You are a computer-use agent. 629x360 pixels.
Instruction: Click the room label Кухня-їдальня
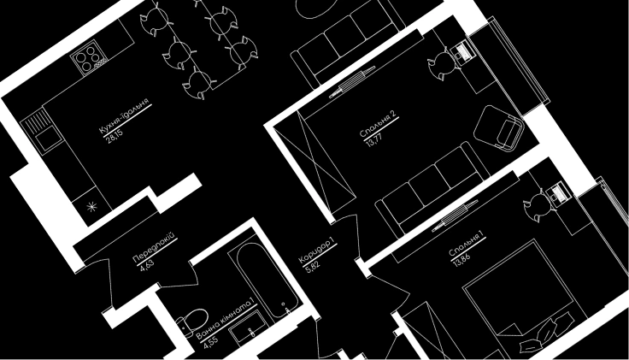tap(124, 115)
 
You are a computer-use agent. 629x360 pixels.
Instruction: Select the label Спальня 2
tap(378, 124)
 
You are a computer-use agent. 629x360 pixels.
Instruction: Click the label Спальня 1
tap(466, 244)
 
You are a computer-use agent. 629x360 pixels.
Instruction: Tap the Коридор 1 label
tap(316, 251)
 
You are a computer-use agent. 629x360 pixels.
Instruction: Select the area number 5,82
tap(312, 267)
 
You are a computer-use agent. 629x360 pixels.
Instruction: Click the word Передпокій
tap(155, 248)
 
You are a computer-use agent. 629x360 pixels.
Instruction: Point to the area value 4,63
tap(147, 265)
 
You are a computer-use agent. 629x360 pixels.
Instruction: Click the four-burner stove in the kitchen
tap(90, 59)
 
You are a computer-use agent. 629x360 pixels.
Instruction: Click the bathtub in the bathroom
tap(267, 280)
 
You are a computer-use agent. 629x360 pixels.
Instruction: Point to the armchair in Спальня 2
tap(498, 128)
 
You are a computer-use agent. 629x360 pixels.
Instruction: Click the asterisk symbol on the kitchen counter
tap(92, 207)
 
